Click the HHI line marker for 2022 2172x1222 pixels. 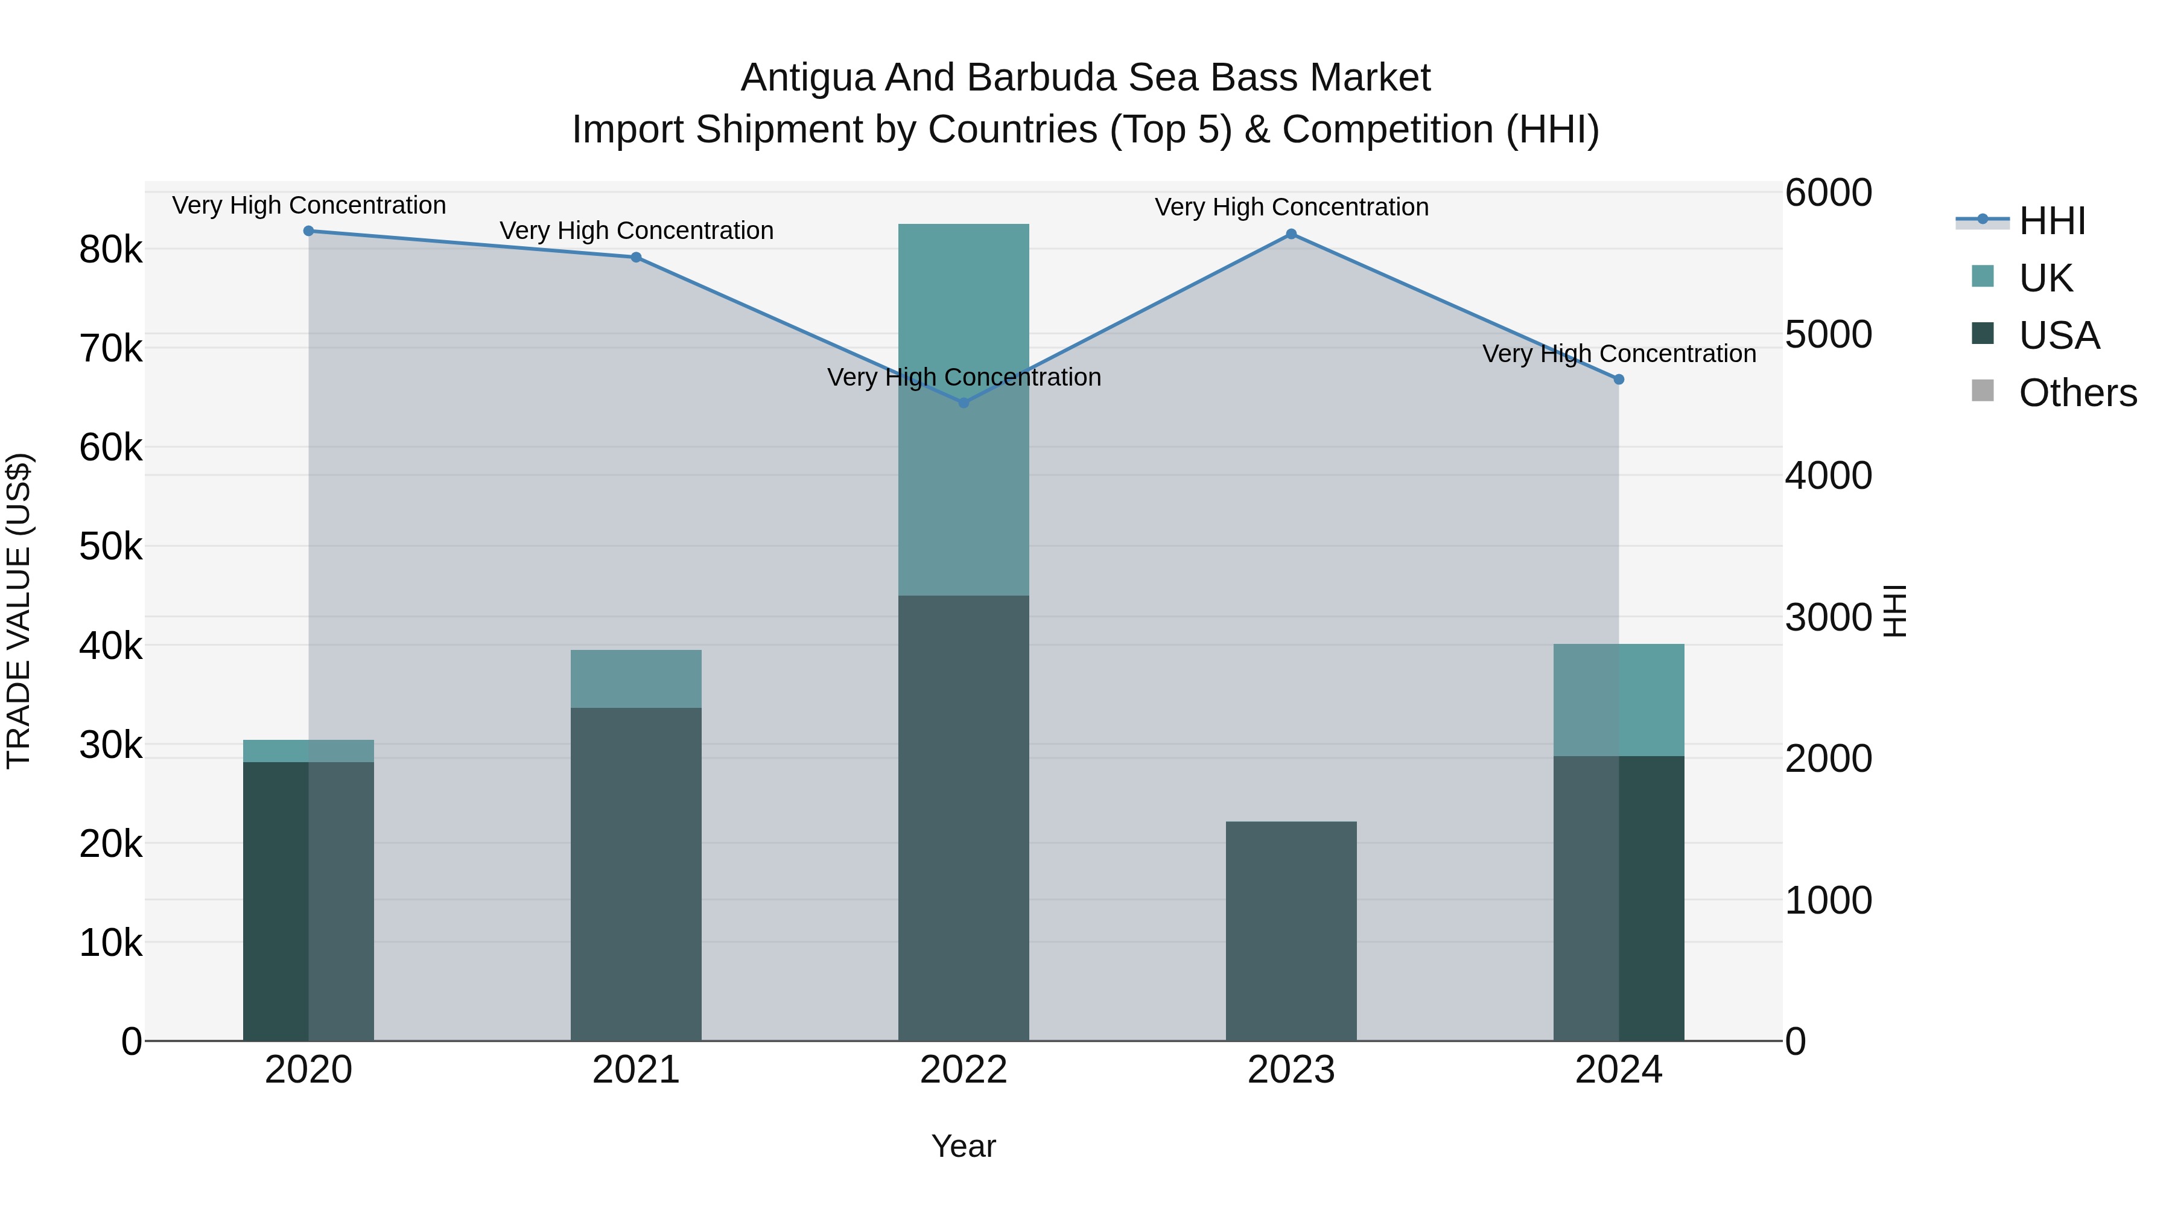tap(964, 403)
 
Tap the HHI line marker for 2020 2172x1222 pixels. tap(308, 231)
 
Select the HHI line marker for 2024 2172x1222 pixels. tap(1618, 380)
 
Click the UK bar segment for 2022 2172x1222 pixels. tap(964, 410)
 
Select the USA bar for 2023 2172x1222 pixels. tap(1291, 931)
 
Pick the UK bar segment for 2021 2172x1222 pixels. tap(636, 679)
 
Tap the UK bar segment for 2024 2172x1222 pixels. tap(1618, 700)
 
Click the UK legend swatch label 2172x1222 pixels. tap(2045, 278)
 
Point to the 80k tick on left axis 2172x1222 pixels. tap(110, 250)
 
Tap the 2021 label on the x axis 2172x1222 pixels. tap(636, 1070)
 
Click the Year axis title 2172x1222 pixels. tap(964, 1146)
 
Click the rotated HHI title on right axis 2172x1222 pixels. tap(1894, 611)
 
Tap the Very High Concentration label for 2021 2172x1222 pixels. tap(636, 231)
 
